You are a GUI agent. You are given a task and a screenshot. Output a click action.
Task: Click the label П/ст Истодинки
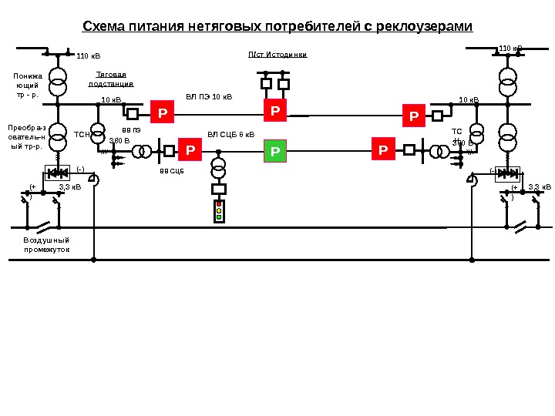[277, 55]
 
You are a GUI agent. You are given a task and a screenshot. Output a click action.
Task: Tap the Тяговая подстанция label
[111, 79]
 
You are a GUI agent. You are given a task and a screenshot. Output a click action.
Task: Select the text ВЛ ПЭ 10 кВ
[209, 98]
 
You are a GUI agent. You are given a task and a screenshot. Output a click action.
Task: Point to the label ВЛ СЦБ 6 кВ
[230, 134]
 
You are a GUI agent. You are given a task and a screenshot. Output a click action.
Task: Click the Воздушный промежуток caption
[46, 245]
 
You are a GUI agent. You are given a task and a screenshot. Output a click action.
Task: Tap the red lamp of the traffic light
[219, 203]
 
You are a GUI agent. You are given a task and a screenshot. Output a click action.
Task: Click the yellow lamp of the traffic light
[219, 210]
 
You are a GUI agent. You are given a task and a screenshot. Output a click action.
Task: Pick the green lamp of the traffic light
[219, 217]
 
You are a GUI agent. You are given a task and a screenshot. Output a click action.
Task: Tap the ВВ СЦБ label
[171, 171]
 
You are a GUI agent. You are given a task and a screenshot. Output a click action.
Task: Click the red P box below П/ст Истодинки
[275, 112]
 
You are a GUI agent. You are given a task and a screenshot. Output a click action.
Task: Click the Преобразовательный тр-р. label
[26, 136]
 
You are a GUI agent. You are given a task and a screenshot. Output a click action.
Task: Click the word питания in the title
[156, 27]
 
